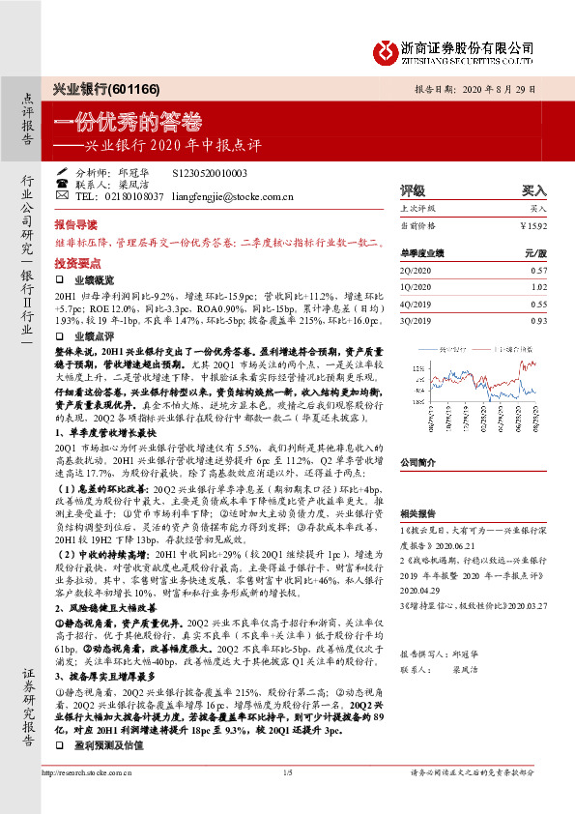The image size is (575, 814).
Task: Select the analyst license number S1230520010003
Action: [209, 172]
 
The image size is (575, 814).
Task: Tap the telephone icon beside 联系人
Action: [63, 184]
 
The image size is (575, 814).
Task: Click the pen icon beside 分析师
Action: [63, 172]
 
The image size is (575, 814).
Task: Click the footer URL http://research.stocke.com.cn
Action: [93, 800]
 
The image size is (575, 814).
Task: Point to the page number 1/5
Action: [287, 800]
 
